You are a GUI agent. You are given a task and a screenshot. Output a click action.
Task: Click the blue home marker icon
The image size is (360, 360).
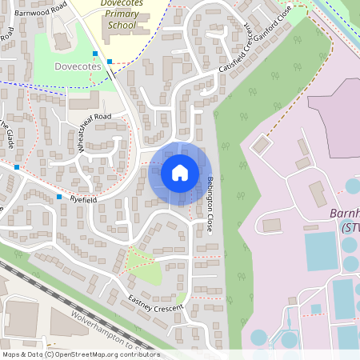click(x=179, y=172)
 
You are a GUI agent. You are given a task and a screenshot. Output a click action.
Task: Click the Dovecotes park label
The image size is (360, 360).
click(x=77, y=66)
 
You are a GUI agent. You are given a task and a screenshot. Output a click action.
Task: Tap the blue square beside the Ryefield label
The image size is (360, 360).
click(x=59, y=197)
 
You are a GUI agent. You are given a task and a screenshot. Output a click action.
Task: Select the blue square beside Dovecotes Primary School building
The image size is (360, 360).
click(x=110, y=61)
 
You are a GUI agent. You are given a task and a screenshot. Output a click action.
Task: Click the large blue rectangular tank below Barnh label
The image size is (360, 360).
click(x=321, y=251)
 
